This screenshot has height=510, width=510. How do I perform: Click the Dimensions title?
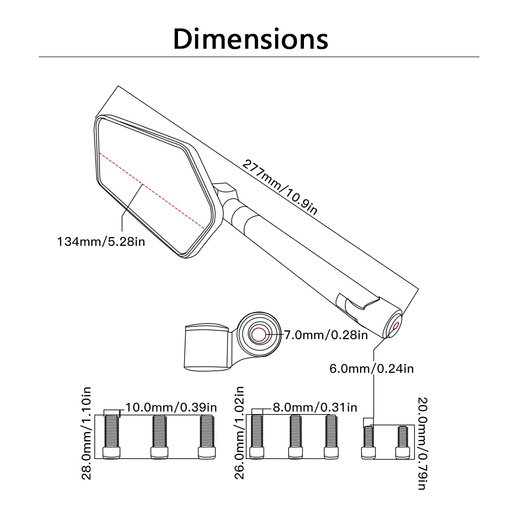point(250,39)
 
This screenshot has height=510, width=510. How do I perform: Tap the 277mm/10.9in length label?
point(279,187)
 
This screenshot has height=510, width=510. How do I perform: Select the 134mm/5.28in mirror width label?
point(101,242)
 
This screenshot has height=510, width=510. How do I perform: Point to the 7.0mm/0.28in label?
point(326,335)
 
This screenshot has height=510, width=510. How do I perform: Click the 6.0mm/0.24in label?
point(371,369)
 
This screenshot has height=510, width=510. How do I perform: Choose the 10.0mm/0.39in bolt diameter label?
point(171,407)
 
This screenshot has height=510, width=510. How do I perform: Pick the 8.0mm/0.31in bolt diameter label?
point(315,407)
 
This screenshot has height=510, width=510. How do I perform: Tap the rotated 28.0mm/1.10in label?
point(86,433)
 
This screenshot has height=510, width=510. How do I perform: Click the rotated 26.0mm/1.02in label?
point(239,433)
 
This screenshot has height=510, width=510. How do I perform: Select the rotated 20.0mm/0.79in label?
point(422,443)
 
